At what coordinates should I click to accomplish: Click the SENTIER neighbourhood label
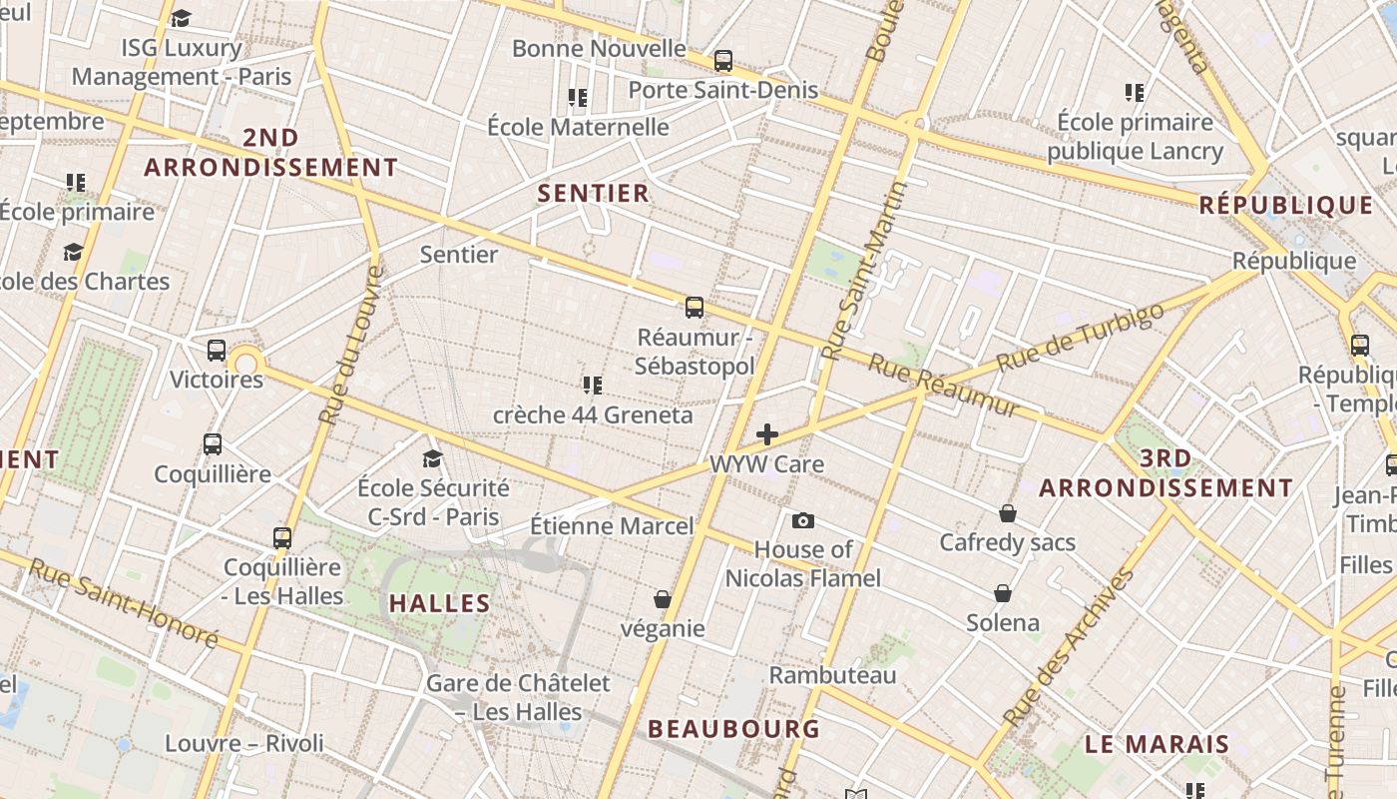point(594,193)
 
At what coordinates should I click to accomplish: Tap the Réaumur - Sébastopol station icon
point(695,307)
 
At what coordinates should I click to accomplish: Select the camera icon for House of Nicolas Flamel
point(802,520)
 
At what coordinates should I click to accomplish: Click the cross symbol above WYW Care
point(767,434)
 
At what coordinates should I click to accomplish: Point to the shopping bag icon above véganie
point(662,599)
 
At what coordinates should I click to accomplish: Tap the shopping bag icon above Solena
point(1003,593)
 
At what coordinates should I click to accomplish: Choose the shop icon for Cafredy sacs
point(1008,513)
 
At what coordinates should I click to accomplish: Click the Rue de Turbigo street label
point(1081,336)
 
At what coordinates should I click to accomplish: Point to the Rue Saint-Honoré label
point(123,602)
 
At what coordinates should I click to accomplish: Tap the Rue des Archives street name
point(1070,646)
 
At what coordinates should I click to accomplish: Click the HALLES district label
point(440,603)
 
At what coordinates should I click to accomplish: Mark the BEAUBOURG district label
point(734,728)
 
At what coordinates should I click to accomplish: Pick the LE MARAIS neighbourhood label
point(1158,744)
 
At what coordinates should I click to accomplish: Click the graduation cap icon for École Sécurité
point(432,458)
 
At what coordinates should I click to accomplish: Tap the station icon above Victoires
point(217,351)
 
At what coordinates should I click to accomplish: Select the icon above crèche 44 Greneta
point(592,385)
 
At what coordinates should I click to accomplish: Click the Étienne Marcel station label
point(612,525)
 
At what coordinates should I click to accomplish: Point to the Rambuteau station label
point(832,675)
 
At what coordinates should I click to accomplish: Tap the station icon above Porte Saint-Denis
point(723,61)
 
